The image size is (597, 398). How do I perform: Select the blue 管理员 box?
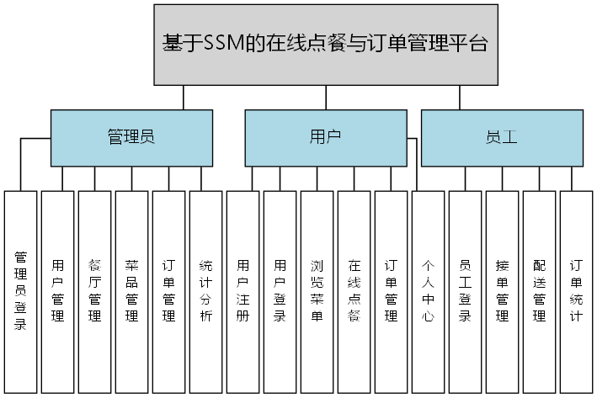(x=131, y=137)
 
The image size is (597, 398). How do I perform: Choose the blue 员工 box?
(x=502, y=137)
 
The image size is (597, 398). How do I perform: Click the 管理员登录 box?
(x=21, y=291)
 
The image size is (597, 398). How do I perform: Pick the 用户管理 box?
(x=58, y=291)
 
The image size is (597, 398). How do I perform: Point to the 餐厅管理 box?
(x=95, y=291)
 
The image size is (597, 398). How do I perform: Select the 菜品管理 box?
(x=132, y=291)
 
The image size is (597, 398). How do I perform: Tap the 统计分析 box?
(x=206, y=291)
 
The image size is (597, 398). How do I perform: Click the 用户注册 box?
(x=243, y=291)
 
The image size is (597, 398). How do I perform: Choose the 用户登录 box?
(x=280, y=291)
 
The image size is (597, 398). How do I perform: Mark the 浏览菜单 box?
(x=317, y=291)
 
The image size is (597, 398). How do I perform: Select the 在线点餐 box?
(x=354, y=291)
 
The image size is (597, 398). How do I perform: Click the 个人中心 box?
(x=429, y=291)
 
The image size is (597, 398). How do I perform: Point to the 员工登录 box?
(x=466, y=291)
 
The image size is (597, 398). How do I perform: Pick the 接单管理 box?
(x=503, y=291)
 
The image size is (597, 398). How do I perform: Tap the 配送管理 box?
(x=540, y=291)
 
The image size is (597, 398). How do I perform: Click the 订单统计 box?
(x=577, y=291)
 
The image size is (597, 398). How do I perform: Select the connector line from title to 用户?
(x=324, y=97)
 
